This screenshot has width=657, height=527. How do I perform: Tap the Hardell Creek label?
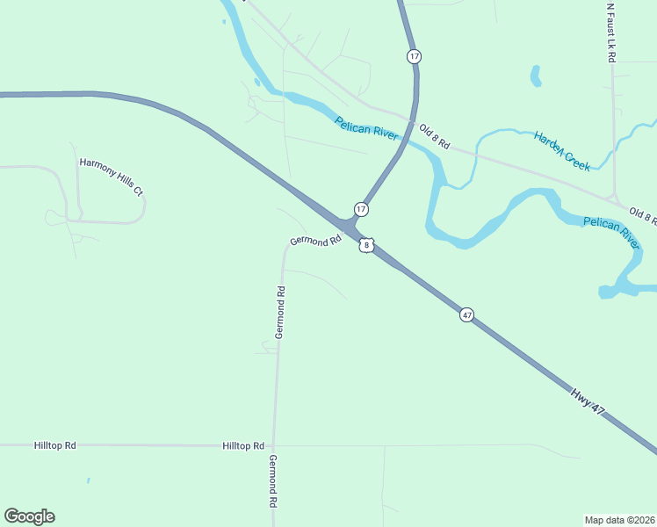pyautogui.click(x=561, y=149)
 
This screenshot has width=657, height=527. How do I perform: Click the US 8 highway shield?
pyautogui.click(x=366, y=245)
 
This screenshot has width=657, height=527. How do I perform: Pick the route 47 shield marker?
pyautogui.click(x=466, y=314)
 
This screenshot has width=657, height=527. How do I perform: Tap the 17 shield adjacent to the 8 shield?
pyautogui.click(x=361, y=209)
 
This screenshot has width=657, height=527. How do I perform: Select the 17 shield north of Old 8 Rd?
pyautogui.click(x=414, y=56)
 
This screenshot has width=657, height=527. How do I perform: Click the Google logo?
pyautogui.click(x=29, y=516)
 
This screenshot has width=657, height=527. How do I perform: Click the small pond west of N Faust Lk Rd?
pyautogui.click(x=535, y=76)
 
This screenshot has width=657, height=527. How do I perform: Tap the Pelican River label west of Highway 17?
pyautogui.click(x=366, y=125)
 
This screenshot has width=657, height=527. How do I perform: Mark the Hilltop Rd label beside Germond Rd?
pyautogui.click(x=243, y=446)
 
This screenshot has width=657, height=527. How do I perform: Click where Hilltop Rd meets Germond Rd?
pyautogui.click(x=273, y=445)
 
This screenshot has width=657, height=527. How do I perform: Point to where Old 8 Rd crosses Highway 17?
pyautogui.click(x=413, y=120)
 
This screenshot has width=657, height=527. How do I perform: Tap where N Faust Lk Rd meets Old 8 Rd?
pyautogui.click(x=614, y=199)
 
